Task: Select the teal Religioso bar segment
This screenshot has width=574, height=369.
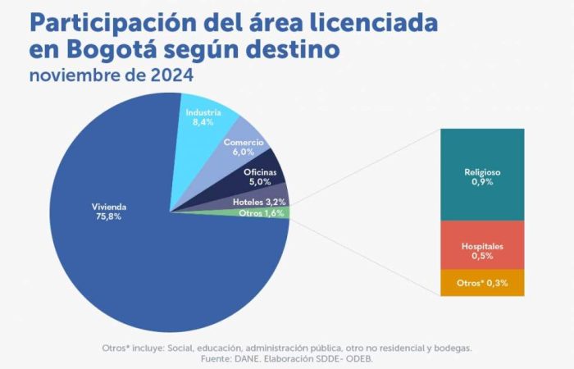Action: pos(481,174)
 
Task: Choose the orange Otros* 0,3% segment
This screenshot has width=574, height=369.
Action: pos(481,283)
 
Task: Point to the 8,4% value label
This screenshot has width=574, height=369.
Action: pos(203,122)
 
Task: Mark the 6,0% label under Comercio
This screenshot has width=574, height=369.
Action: pos(244,152)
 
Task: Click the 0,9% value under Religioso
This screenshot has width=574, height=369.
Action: pos(481,183)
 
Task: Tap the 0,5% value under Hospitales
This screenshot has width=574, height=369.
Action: pos(481,255)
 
